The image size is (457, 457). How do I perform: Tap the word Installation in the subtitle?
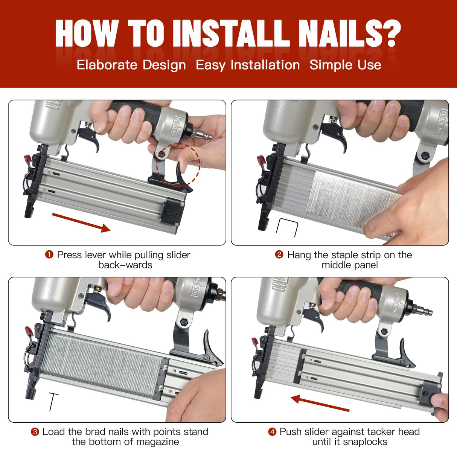click(x=265, y=65)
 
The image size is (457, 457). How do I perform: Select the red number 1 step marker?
click(x=49, y=255)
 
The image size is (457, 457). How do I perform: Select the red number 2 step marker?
click(x=279, y=255)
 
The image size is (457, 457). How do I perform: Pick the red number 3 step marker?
click(x=35, y=432)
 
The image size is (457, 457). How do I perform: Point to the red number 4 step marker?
click(x=272, y=432)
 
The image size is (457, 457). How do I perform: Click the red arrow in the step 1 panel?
click(x=81, y=222)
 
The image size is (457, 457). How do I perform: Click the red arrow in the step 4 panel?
click(x=320, y=403)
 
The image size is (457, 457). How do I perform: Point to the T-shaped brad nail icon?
click(x=53, y=402)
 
